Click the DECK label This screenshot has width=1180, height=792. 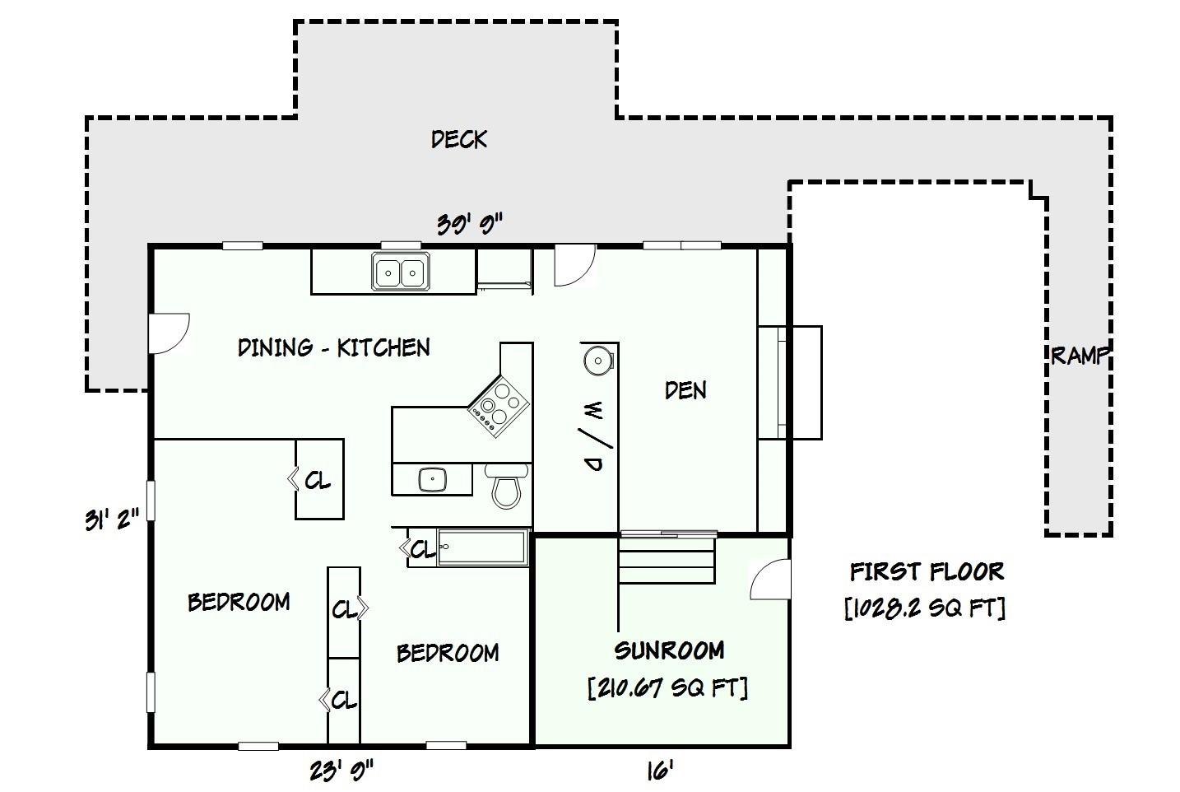(459, 139)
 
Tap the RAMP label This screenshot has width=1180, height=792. (1080, 356)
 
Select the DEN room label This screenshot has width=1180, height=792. (685, 390)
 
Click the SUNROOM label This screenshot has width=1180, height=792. (669, 650)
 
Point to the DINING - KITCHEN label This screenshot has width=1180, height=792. (334, 347)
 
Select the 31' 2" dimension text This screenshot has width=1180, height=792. (112, 519)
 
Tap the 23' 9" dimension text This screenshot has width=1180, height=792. (341, 771)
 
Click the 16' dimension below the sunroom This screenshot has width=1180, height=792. (660, 771)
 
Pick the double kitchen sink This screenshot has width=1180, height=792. (401, 272)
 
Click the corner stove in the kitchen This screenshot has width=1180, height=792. (499, 406)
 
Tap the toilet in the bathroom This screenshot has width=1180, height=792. (506, 486)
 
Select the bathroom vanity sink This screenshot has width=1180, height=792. (433, 479)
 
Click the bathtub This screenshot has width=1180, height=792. (483, 547)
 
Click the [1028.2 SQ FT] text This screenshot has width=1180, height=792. (925, 608)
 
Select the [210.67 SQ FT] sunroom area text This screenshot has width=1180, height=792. (667, 687)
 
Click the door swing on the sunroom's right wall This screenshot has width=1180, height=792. (770, 580)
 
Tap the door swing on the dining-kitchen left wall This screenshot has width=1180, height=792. (169, 334)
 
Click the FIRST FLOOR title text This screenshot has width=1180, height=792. (927, 571)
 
